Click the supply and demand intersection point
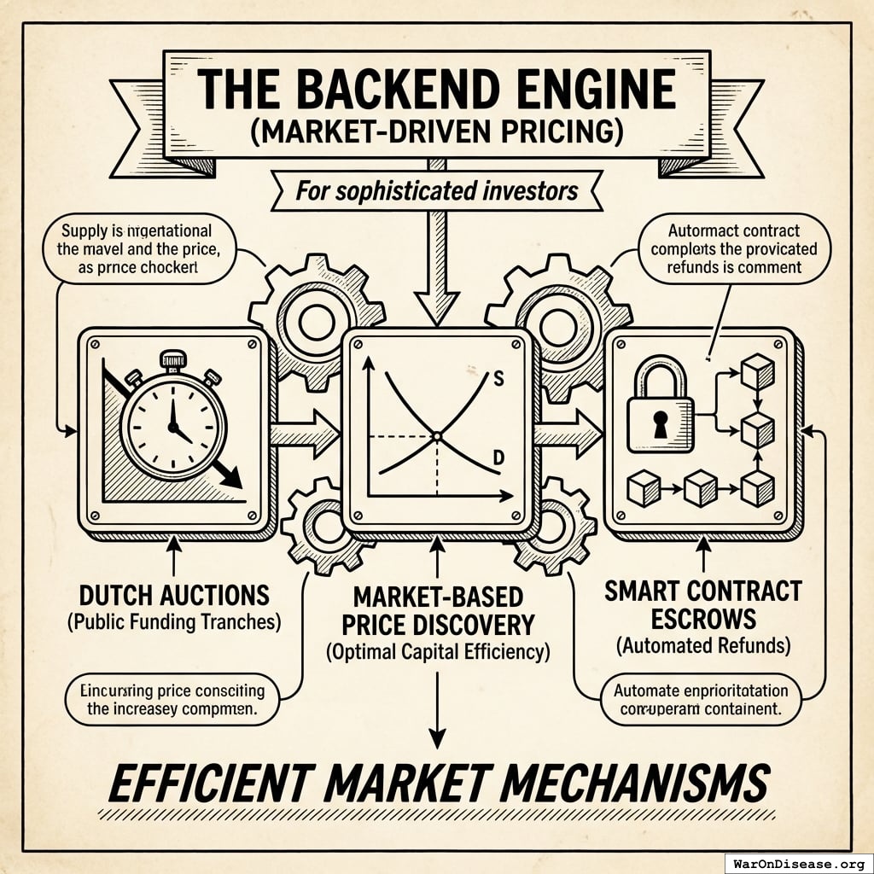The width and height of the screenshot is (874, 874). [x=436, y=436]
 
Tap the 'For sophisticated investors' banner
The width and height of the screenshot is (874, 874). [x=436, y=191]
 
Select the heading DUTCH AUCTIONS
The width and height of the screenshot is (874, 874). [x=174, y=595]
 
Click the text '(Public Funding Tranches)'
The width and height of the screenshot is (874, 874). [x=174, y=621]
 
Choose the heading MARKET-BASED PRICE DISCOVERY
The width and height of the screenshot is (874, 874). [x=436, y=611]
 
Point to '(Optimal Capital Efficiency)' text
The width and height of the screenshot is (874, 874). [x=436, y=653]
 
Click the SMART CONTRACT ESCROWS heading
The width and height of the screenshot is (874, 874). [x=702, y=603]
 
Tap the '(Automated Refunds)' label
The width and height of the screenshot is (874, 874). [x=702, y=646]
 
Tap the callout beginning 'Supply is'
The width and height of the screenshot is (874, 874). [x=137, y=248]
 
